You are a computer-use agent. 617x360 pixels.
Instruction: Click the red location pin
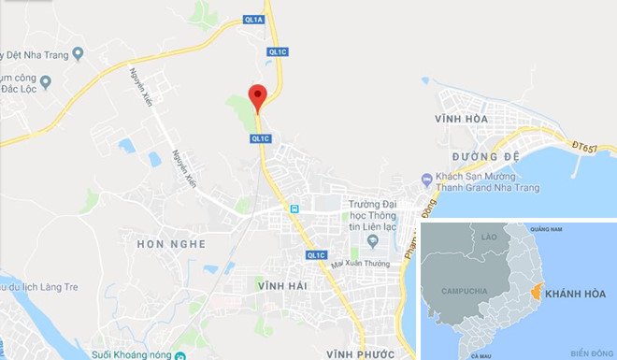(x=258, y=94)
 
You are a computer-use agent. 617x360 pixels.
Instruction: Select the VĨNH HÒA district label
(x=462, y=121)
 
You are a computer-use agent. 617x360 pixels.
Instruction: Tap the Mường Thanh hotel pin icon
(x=426, y=179)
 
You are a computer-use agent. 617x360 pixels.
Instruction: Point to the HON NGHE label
(x=170, y=244)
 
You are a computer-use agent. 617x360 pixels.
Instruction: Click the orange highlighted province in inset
(x=535, y=293)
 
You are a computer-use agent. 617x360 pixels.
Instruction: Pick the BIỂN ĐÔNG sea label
(x=587, y=353)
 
